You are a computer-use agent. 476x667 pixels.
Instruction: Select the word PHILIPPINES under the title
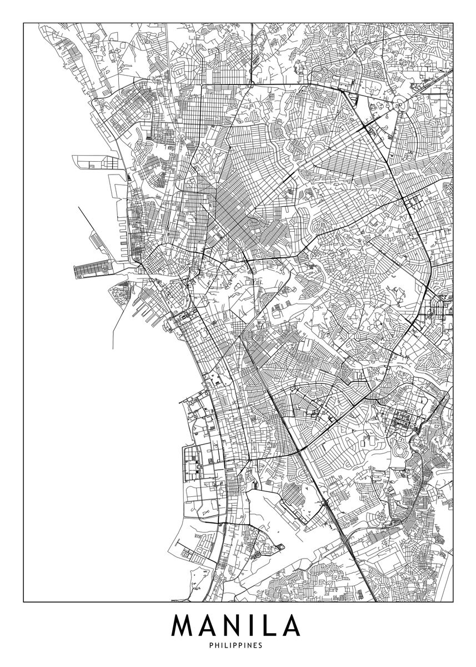pyautogui.click(x=238, y=646)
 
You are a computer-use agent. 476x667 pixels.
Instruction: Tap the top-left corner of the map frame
pyautogui.click(x=23, y=23)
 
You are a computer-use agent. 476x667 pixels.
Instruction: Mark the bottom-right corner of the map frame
pyautogui.click(x=453, y=601)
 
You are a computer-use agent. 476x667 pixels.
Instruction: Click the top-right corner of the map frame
pyautogui.click(x=453, y=23)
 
